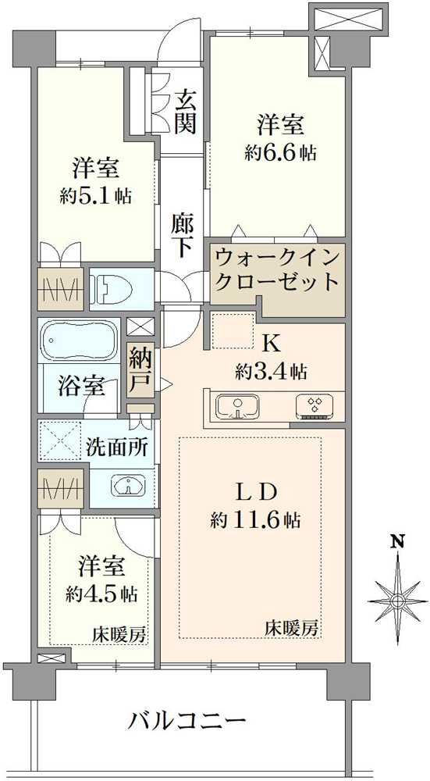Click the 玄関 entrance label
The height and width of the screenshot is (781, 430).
pyautogui.click(x=184, y=111)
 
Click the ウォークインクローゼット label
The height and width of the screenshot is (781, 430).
pyautogui.click(x=276, y=269)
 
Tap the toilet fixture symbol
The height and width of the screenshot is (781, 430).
pyautogui.click(x=110, y=290)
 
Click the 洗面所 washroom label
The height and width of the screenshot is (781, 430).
pyautogui.click(x=117, y=448)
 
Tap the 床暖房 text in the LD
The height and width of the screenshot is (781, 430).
pyautogui.click(x=290, y=626)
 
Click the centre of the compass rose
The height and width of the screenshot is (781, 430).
pyautogui.click(x=398, y=601)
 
